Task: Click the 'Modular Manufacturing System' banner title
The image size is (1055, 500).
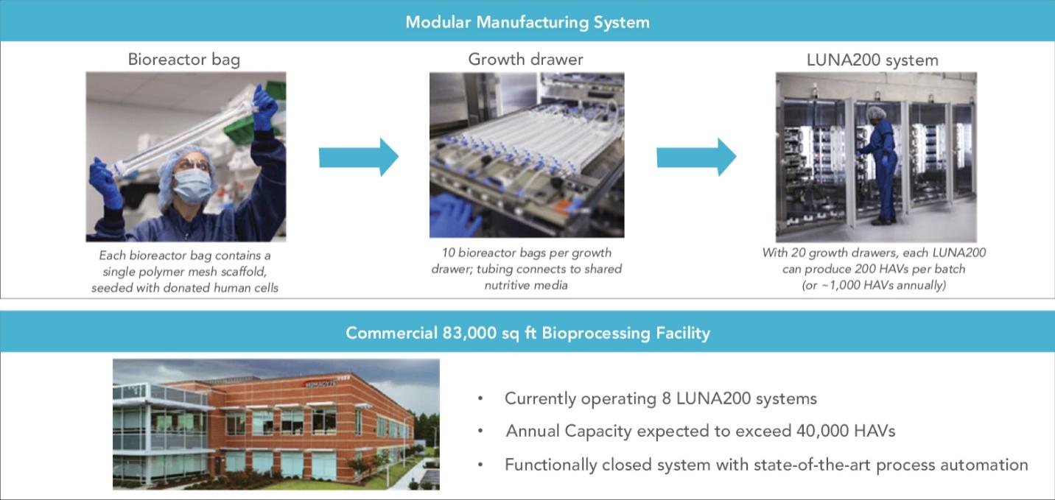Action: click(527, 22)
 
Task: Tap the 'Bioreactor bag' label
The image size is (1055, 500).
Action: click(184, 60)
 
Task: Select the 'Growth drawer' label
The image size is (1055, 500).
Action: click(525, 60)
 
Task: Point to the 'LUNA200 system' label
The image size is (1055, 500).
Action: click(872, 60)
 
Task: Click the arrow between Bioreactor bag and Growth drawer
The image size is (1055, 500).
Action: click(359, 158)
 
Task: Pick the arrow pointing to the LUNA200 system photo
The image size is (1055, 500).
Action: click(697, 158)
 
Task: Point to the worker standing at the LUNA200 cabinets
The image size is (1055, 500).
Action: click(879, 165)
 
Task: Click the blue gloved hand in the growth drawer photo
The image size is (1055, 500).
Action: click(455, 216)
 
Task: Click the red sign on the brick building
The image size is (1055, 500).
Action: click(320, 384)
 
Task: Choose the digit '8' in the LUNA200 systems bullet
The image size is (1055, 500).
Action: click(666, 398)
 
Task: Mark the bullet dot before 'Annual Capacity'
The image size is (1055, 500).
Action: click(480, 431)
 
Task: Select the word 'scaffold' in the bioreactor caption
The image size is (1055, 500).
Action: click(243, 272)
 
